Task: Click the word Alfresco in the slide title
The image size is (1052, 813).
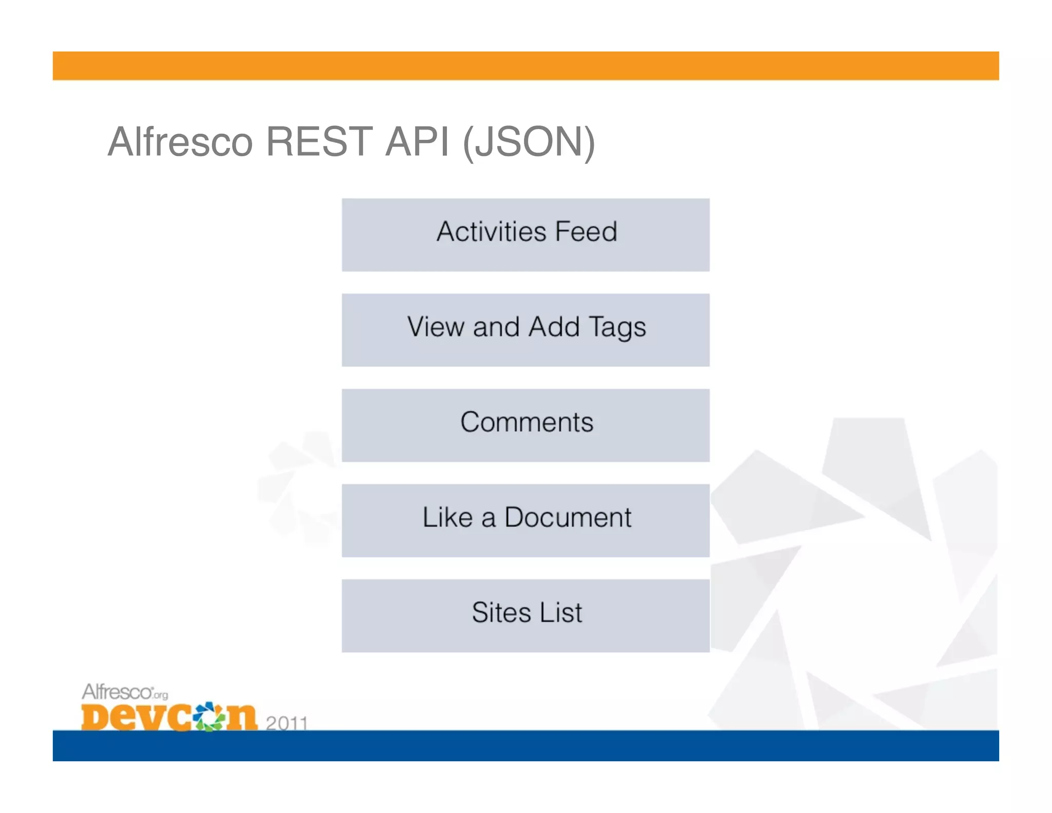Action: (x=180, y=142)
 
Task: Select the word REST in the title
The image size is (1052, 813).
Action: (x=318, y=142)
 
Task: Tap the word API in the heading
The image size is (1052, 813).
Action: (x=417, y=142)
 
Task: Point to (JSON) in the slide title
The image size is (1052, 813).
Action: (x=529, y=143)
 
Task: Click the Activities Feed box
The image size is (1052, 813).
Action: (x=525, y=235)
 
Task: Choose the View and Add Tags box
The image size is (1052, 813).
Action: (x=525, y=330)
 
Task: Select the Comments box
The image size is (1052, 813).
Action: (x=525, y=425)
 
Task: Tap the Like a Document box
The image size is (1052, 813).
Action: (x=525, y=520)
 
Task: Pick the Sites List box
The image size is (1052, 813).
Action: (x=525, y=616)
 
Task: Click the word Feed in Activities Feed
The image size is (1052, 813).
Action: (x=586, y=231)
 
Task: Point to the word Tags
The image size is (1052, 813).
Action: (x=617, y=328)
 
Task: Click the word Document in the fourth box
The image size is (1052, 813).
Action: (x=568, y=517)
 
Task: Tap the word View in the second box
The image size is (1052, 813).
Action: (x=436, y=327)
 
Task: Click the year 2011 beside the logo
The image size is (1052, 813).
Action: (x=287, y=723)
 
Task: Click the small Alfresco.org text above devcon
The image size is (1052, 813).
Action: (x=125, y=692)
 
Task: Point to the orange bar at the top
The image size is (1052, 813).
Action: (x=525, y=66)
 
